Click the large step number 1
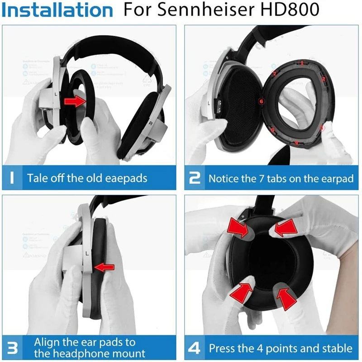click(x=13, y=177)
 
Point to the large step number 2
click(x=195, y=177)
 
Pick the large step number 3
click(x=13, y=348)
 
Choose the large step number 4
click(x=195, y=348)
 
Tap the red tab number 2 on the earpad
click(x=324, y=79)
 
